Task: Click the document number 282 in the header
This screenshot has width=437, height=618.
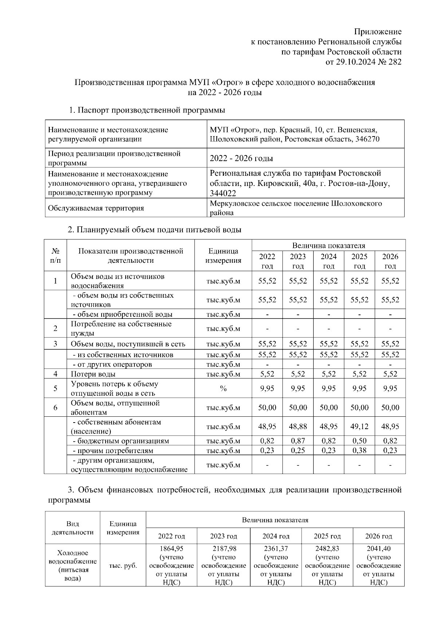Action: [x=395, y=62]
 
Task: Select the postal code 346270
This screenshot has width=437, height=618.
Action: [x=367, y=139]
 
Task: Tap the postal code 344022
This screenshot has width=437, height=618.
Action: [x=223, y=193]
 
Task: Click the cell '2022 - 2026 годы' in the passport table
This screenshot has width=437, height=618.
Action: [x=241, y=158]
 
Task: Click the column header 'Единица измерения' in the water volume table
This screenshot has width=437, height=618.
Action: [x=223, y=255]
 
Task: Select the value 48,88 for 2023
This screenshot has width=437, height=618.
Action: [x=298, y=427]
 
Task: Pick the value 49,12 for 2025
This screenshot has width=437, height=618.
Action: [x=359, y=427]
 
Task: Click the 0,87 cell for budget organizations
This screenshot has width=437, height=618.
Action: [x=298, y=441]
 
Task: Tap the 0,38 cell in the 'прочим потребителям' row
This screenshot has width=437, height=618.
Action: [x=359, y=450]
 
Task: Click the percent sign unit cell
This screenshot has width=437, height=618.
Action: [x=223, y=388]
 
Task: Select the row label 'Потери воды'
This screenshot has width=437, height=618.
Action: [x=93, y=374]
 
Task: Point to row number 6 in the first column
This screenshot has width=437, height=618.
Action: [x=55, y=407]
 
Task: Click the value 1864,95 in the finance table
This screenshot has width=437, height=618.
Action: [x=171, y=548]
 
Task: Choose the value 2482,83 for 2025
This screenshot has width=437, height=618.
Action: [x=327, y=548]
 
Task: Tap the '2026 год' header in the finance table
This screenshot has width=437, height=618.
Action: [x=379, y=536]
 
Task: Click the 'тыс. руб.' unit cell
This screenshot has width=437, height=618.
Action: [x=123, y=566]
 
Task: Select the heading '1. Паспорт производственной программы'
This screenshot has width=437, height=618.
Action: [x=147, y=110]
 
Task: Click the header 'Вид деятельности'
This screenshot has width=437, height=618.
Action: [x=72, y=528]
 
